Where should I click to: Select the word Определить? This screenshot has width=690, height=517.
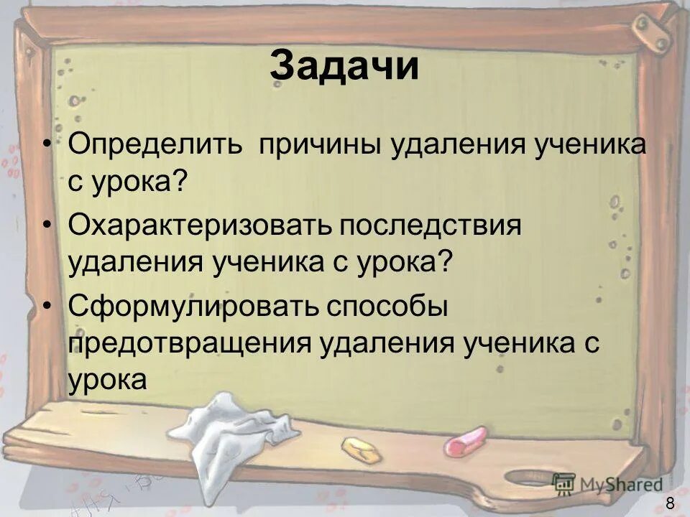pos(156,146)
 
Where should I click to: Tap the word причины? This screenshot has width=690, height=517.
pos(319,146)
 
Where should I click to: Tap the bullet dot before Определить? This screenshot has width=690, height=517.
pos(47,146)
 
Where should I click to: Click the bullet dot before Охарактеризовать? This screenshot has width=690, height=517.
pos(47,225)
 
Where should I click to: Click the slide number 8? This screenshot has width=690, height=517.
pos(670,503)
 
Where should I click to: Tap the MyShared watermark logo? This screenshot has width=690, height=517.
pos(607,483)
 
